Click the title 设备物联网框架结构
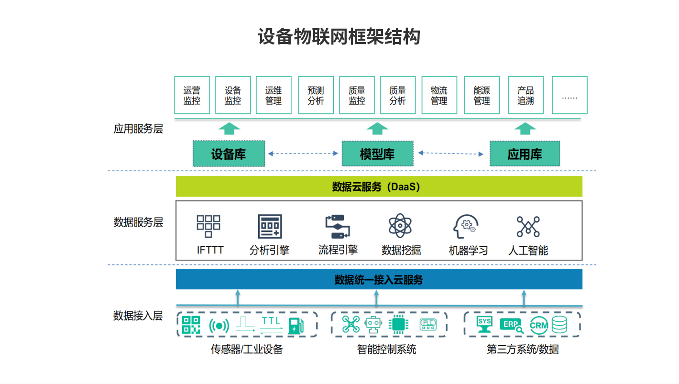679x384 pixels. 339,37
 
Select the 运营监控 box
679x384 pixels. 192,95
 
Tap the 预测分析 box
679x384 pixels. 316,95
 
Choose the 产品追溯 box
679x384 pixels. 526,95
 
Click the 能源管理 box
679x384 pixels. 482,95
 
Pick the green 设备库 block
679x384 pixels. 229,154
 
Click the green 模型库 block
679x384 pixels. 377,154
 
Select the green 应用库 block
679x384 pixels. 525,154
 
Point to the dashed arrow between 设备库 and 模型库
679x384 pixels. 303,154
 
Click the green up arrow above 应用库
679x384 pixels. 525,128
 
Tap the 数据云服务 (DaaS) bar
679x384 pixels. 379,187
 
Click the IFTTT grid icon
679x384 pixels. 208,226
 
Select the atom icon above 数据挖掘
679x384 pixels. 400,226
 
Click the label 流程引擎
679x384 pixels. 338,250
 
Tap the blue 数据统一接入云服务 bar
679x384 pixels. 379,279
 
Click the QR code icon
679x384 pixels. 191,325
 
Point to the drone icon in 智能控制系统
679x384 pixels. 350,325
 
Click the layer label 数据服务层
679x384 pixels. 138,222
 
